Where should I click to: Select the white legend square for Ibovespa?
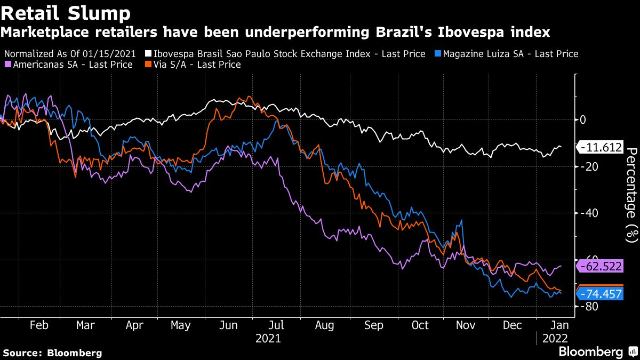148,54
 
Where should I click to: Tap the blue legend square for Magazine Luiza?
438,54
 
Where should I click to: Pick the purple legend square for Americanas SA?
7,65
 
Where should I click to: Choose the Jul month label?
276,325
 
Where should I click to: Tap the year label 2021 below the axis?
268,338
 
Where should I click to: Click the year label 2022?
555,338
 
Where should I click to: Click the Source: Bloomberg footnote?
52,353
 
